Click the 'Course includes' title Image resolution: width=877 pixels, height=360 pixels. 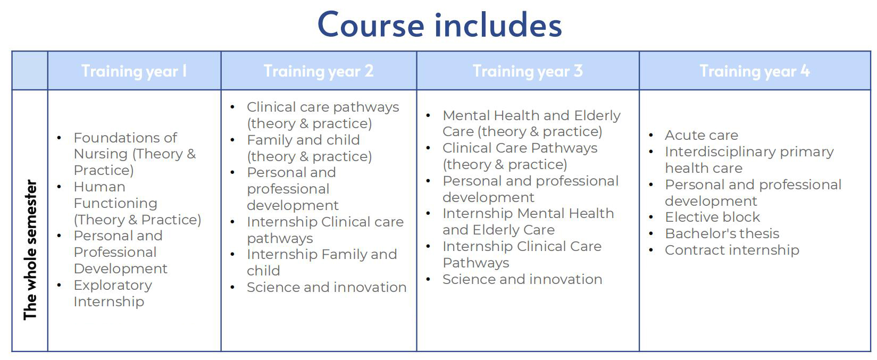pyautogui.click(x=440, y=24)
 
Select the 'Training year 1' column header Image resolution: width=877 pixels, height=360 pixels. pyautogui.click(x=134, y=71)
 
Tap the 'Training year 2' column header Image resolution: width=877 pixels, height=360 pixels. pyautogui.click(x=318, y=71)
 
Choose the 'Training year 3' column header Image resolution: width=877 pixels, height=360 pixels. pyautogui.click(x=528, y=71)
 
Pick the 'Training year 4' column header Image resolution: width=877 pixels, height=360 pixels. pyautogui.click(x=755, y=71)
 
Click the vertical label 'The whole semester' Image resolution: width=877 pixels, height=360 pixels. pyautogui.click(x=30, y=249)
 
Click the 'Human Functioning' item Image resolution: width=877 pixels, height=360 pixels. pyautogui.click(x=137, y=203)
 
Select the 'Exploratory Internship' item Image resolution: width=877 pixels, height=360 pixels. pyautogui.click(x=113, y=293)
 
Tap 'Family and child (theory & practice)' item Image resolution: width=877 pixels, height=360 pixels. pyautogui.click(x=310, y=148)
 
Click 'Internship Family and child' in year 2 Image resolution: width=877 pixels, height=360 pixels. pyautogui.click(x=322, y=262)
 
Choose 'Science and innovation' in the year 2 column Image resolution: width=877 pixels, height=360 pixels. pyautogui.click(x=327, y=287)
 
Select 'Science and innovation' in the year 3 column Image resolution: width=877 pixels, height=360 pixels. pyautogui.click(x=522, y=279)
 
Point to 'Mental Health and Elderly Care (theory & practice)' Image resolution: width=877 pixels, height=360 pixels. pyautogui.click(x=532, y=123)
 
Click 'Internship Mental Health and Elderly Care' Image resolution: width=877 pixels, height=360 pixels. pyautogui.click(x=528, y=222)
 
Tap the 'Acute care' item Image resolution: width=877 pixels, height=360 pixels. pyautogui.click(x=701, y=135)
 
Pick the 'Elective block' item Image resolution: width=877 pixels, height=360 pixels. pyautogui.click(x=712, y=217)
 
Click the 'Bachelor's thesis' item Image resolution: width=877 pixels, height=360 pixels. pyautogui.click(x=722, y=233)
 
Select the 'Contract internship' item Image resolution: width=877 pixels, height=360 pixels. pyautogui.click(x=732, y=249)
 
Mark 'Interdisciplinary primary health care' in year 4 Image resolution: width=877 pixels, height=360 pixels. pyautogui.click(x=749, y=160)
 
